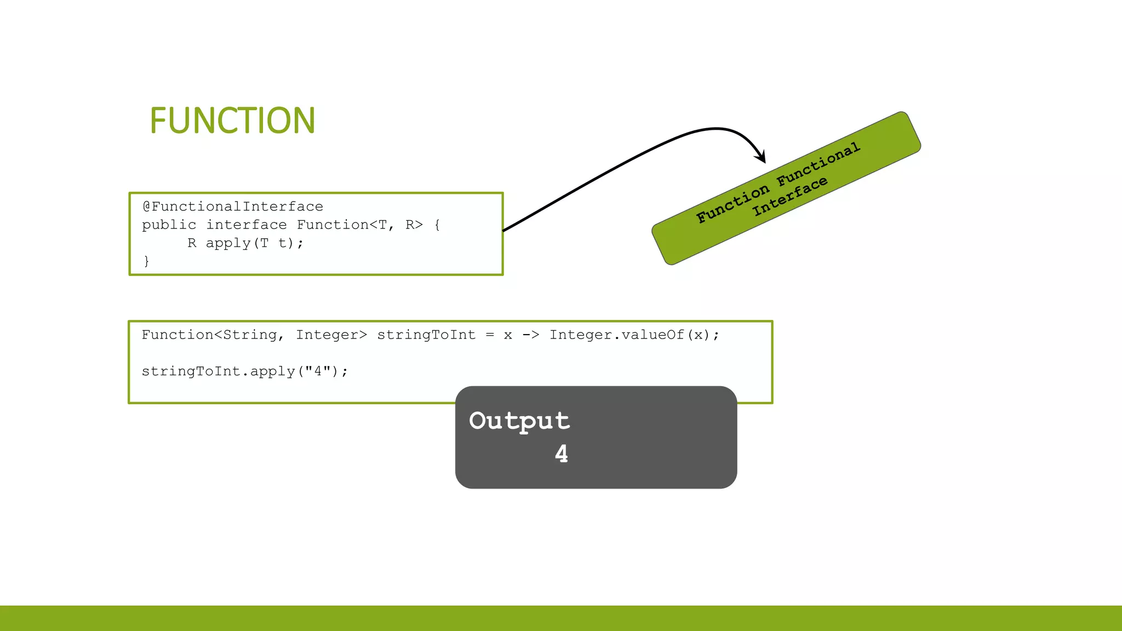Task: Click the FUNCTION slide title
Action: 232,121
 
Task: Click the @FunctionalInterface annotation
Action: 233,206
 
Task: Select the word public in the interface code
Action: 169,225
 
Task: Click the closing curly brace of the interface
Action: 146,261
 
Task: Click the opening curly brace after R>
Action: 437,225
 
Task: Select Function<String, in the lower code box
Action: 213,335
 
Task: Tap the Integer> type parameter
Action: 331,335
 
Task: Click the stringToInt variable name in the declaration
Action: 426,335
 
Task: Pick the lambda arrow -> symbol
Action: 530,335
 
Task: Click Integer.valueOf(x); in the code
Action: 634,335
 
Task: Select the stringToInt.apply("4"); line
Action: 244,371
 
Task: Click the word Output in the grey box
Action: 519,421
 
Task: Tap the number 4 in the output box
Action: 562,454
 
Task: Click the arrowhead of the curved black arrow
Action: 761,158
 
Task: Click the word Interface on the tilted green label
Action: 789,196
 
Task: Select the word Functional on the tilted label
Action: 818,164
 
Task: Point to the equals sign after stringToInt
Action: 490,335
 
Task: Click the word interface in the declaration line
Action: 246,225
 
